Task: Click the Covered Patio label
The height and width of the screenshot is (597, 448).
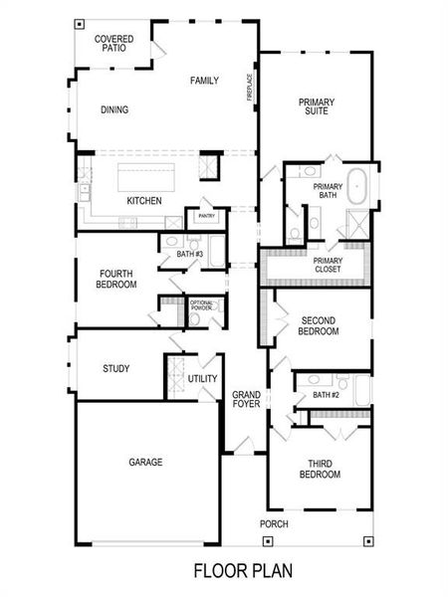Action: point(114,44)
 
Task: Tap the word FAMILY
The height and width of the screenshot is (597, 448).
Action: point(204,81)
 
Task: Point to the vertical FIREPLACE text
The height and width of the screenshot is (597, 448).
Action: point(251,87)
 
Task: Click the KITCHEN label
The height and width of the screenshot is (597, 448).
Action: point(144,201)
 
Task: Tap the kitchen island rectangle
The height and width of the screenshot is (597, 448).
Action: point(145,177)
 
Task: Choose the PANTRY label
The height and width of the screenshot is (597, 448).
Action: point(207,216)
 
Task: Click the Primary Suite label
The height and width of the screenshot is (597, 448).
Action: point(317,107)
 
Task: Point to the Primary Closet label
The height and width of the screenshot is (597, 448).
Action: point(328,265)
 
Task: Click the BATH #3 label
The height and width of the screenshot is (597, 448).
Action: point(190,254)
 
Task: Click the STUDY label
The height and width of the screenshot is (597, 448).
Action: point(115,369)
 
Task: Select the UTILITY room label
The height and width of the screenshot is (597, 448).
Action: point(202,379)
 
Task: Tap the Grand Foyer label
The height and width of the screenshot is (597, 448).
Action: point(246,399)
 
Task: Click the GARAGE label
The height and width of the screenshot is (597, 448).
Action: point(145,462)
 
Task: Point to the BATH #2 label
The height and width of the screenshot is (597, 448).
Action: point(327,395)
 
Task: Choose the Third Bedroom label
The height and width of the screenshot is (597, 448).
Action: point(320,470)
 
